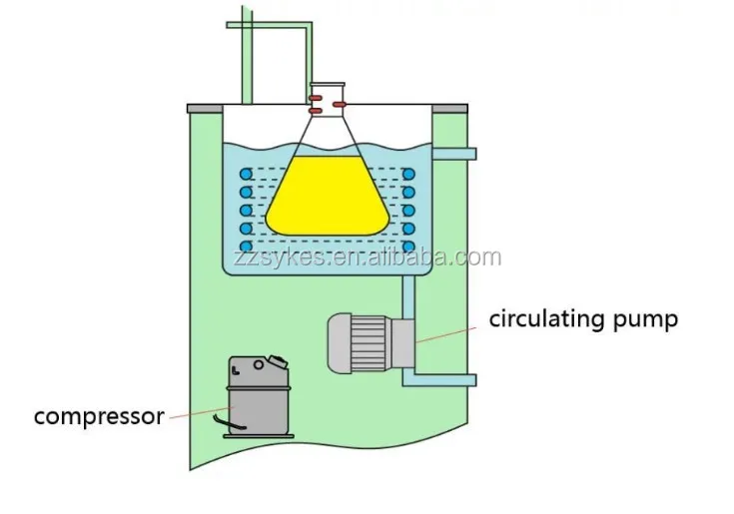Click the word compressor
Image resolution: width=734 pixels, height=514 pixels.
98,416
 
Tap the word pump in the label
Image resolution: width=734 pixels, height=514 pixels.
646,320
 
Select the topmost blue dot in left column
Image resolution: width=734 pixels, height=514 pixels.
245,173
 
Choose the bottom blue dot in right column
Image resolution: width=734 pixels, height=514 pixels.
408,246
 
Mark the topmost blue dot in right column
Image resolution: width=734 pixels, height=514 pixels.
408,173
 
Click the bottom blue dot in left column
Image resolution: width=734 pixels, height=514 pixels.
245,246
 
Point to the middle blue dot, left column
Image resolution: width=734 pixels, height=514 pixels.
245,210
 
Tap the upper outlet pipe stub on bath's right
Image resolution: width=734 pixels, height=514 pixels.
459,154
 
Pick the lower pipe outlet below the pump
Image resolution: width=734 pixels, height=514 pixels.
449,378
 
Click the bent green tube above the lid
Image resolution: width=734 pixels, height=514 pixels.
271,27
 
